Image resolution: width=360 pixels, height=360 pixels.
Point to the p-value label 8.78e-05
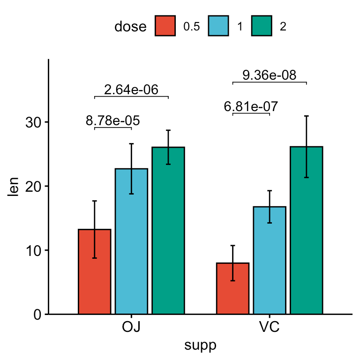click(113, 121)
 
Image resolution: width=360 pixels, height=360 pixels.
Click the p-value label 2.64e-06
click(131, 90)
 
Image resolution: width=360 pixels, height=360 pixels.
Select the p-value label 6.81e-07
click(251, 107)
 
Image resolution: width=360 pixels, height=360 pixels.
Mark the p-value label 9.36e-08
click(270, 75)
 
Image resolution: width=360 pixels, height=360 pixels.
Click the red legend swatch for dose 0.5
click(165, 26)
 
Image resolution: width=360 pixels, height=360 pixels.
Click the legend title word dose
click(130, 27)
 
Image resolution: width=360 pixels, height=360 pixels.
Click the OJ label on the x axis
click(131, 328)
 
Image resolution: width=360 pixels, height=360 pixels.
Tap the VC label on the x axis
click(270, 328)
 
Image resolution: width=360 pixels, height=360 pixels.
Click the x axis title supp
click(201, 346)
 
